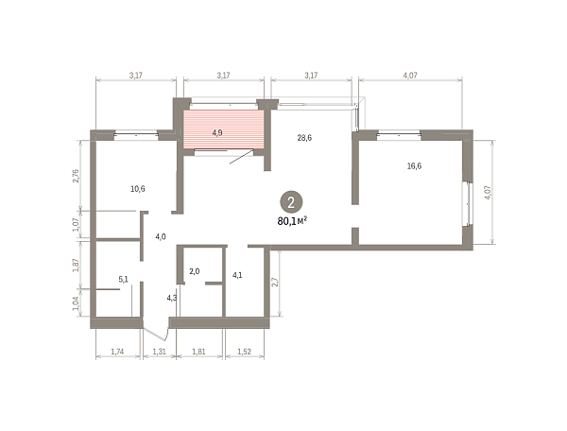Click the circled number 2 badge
pos(291,202)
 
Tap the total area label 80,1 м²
pos(292,220)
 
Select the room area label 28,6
pos(304,138)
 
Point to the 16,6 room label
pos(414,166)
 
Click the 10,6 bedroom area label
pos(138,189)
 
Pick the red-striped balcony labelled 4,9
pos(224,129)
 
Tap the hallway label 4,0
pos(161,237)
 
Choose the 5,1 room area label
pos(123,279)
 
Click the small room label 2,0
pos(195,271)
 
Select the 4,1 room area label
pos(237,275)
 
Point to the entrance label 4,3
pos(172,298)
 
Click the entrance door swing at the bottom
pos(156,331)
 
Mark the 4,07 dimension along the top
pos(410,76)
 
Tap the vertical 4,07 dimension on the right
pos(488,193)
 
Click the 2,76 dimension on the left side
pos(76,176)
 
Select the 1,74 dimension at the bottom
pos(117,351)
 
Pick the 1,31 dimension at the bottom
pos(159,351)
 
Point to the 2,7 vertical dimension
pos(275,282)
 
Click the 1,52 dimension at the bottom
pos(244,351)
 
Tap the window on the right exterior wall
pos(469,204)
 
